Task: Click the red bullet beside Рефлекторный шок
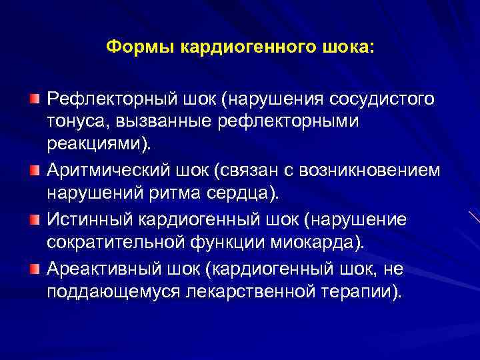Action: pyautogui.click(x=35, y=99)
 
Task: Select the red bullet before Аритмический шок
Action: pyautogui.click(x=35, y=171)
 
